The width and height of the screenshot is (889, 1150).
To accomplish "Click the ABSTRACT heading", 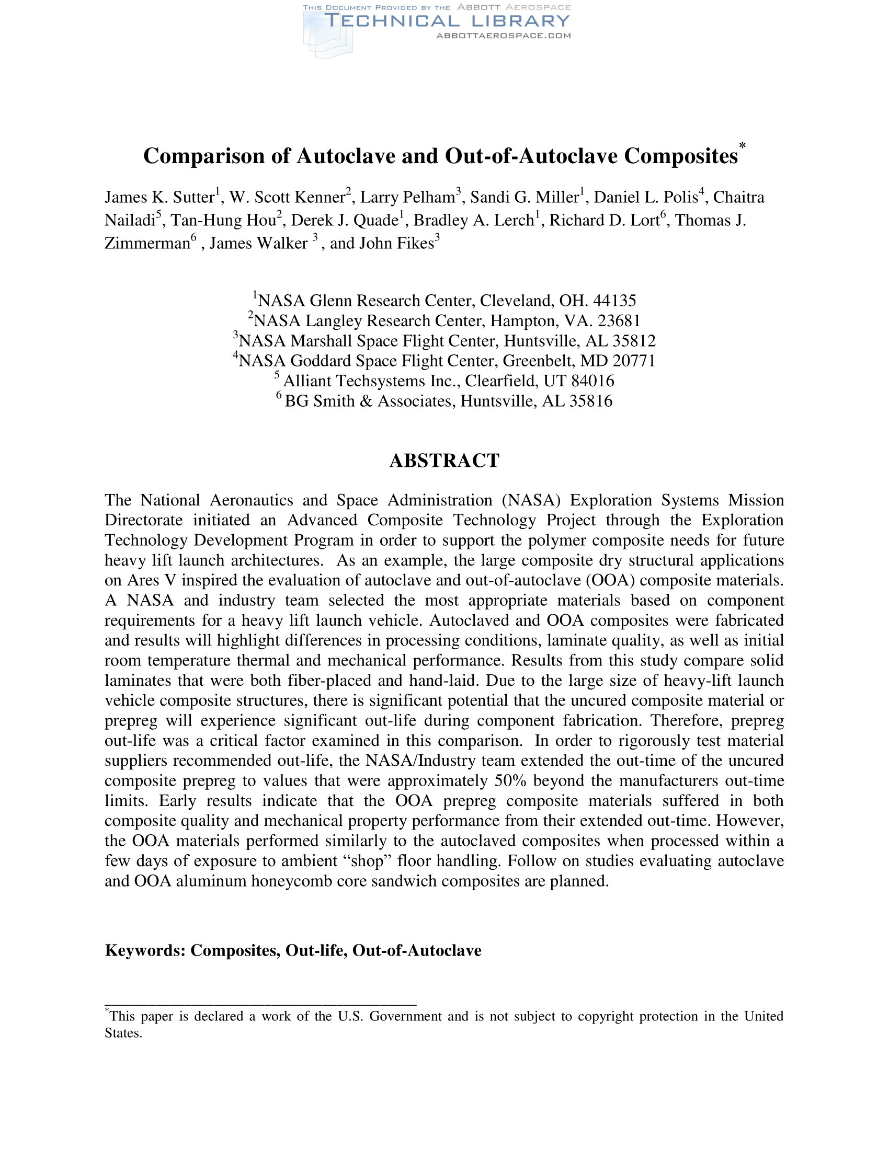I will (444, 461).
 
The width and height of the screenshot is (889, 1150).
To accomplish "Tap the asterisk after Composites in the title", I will (742, 146).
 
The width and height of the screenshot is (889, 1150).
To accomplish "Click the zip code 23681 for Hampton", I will (619, 320).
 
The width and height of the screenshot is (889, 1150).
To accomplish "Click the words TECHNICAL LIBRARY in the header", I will (447, 21).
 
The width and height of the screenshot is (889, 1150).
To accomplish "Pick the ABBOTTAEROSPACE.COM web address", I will (504, 36).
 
